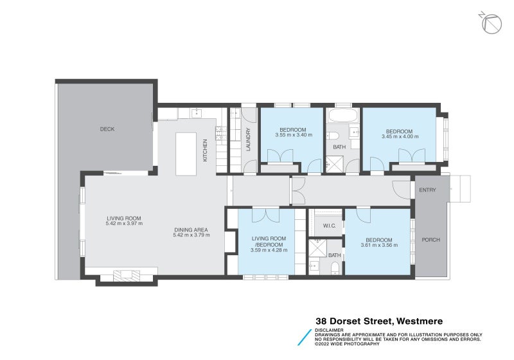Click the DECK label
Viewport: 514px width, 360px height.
coord(107,129)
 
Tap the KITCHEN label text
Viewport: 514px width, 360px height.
coord(206,150)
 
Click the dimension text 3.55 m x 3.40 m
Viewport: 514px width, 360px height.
coord(293,135)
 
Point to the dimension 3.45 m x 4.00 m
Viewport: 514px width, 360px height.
coord(400,136)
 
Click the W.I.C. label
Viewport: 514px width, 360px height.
coord(330,226)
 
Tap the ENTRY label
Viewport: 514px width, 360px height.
coord(427,190)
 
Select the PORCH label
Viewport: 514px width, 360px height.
coord(430,240)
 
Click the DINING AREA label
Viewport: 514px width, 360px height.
coord(191,230)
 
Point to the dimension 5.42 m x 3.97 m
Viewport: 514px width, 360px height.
coord(124,224)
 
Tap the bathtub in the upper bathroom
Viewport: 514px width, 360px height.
coord(338,116)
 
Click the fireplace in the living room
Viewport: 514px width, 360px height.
coord(127,276)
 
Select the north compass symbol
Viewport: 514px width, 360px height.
coord(490,22)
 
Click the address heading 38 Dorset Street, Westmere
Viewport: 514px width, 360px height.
coord(379,321)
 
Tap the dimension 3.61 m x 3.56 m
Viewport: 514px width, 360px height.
coord(377,245)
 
